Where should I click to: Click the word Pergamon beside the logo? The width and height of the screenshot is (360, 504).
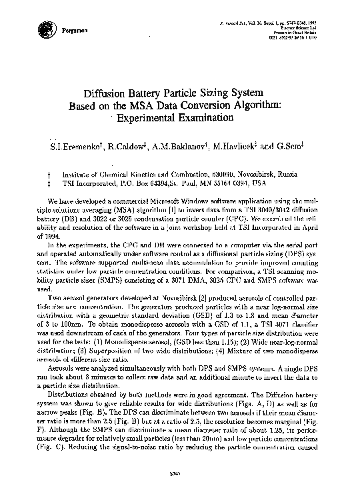(74, 31)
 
